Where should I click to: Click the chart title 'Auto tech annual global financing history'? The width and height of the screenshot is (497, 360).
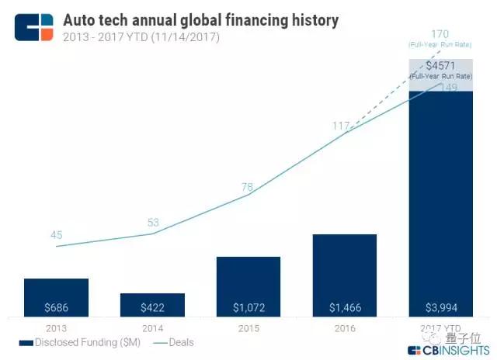pyautogui.click(x=200, y=19)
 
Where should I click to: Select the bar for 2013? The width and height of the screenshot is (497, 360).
pyautogui.click(x=56, y=297)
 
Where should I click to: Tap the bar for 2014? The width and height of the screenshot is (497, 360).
pyautogui.click(x=152, y=305)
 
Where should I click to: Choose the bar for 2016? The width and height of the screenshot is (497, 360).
pyautogui.click(x=345, y=275)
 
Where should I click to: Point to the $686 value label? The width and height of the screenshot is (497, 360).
pyautogui.click(x=56, y=308)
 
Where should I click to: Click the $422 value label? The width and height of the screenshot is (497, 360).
pyautogui.click(x=152, y=308)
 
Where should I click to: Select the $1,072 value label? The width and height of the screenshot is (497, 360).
pyautogui.click(x=248, y=308)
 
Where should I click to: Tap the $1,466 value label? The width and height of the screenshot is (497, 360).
pyautogui.click(x=345, y=308)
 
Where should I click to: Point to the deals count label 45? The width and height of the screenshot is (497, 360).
pyautogui.click(x=56, y=235)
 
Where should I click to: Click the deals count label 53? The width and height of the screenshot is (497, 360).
pyautogui.click(x=152, y=223)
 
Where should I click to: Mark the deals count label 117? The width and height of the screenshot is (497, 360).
pyautogui.click(x=340, y=125)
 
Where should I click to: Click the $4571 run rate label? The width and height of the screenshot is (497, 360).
pyautogui.click(x=440, y=66)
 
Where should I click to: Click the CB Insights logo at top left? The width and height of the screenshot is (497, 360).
pyautogui.click(x=34, y=26)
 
